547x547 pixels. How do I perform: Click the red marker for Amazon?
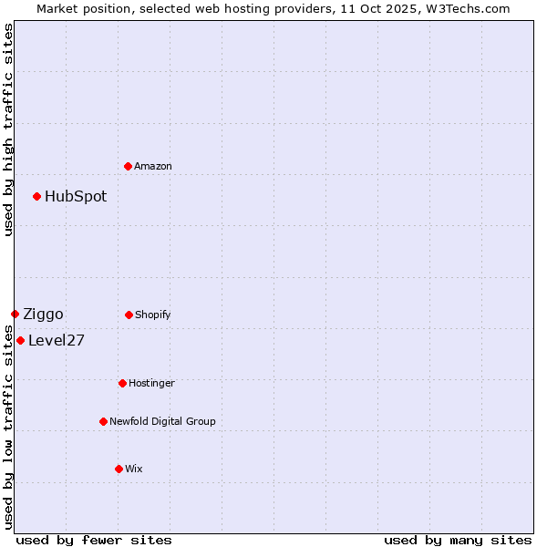click(x=128, y=166)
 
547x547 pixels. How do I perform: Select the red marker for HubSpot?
click(x=36, y=196)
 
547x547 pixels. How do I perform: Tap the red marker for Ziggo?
click(x=15, y=314)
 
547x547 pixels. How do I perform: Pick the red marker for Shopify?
click(x=129, y=315)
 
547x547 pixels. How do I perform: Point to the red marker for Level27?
click(x=20, y=340)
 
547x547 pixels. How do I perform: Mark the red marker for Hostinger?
click(x=122, y=383)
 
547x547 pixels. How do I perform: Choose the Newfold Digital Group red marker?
click(x=103, y=421)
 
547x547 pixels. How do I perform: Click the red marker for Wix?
click(x=119, y=469)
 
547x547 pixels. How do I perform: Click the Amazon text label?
click(x=153, y=166)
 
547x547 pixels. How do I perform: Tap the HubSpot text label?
click(x=76, y=196)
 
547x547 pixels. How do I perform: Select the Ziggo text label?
click(x=43, y=314)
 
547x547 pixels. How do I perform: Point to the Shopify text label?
click(x=153, y=315)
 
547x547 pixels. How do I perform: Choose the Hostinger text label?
click(x=151, y=383)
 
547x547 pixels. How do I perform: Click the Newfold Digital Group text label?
click(x=162, y=421)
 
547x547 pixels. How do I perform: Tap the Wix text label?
click(x=134, y=469)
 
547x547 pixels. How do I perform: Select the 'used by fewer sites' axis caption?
click(x=94, y=540)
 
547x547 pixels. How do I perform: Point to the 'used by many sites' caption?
click(x=458, y=540)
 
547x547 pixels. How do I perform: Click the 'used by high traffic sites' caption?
click(x=8, y=129)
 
